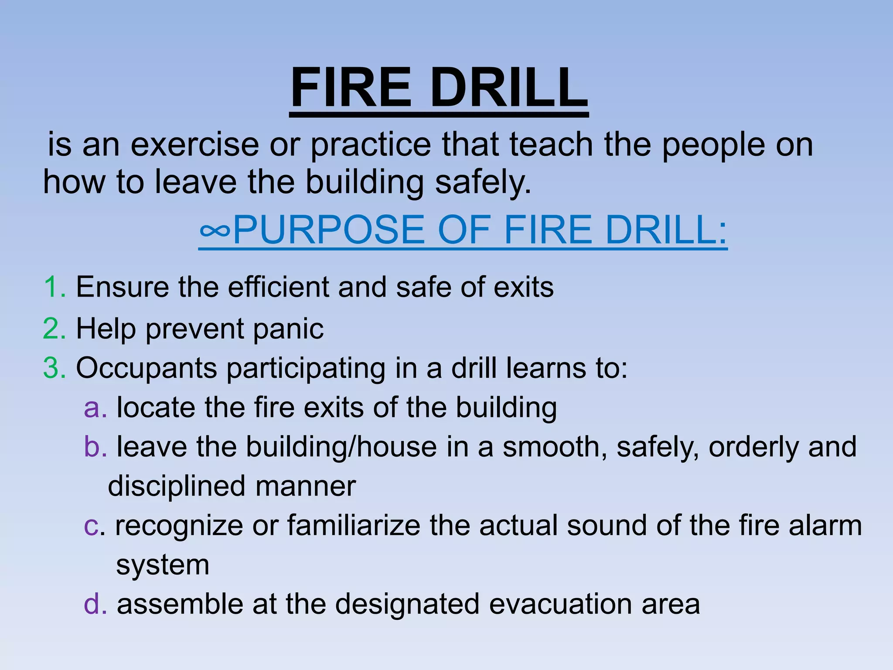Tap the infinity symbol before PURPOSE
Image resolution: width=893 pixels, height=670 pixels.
coord(215,230)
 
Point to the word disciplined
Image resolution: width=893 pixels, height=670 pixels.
coord(177,486)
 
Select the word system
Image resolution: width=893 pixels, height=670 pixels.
coord(163,566)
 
